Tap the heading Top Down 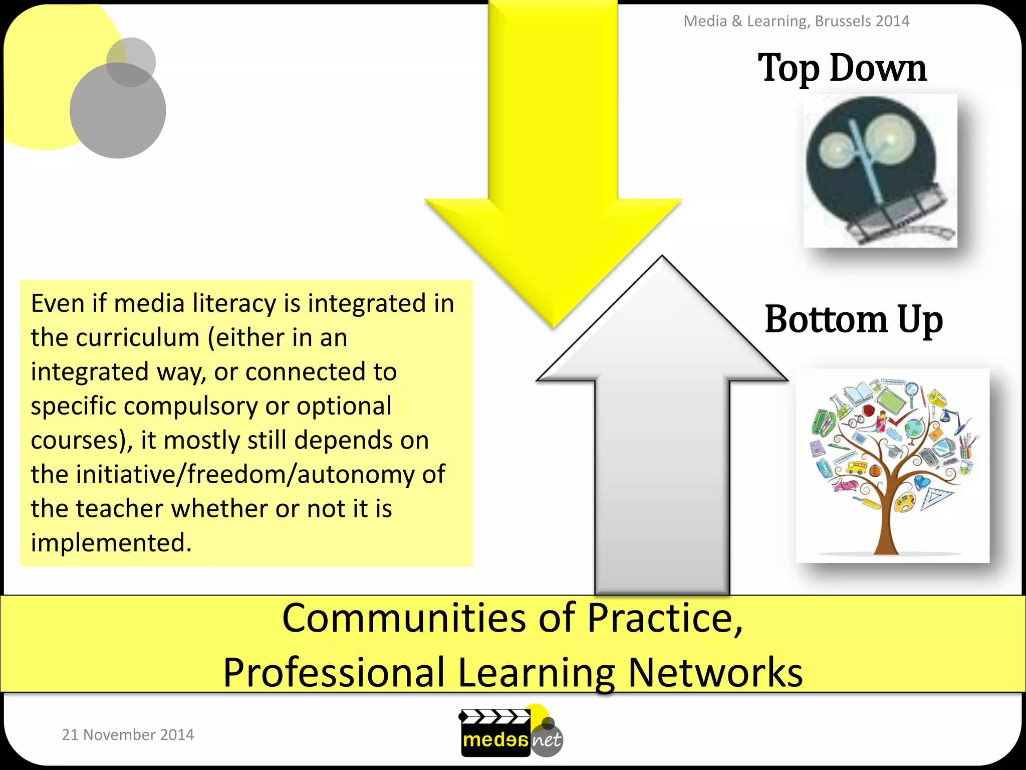(x=842, y=68)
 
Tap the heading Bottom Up (x=854, y=319)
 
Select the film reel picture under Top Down (x=880, y=170)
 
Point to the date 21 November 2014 (x=128, y=734)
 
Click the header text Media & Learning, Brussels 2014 (x=796, y=21)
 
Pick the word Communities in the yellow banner (x=404, y=618)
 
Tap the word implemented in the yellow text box (x=111, y=543)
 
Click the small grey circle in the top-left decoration (x=131, y=62)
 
